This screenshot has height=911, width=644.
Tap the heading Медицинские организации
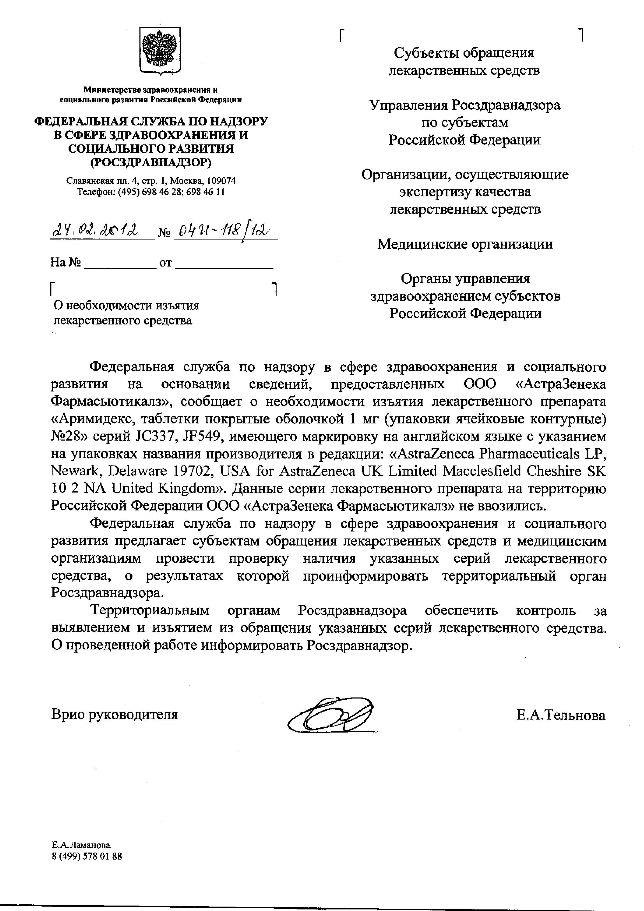[x=465, y=244]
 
